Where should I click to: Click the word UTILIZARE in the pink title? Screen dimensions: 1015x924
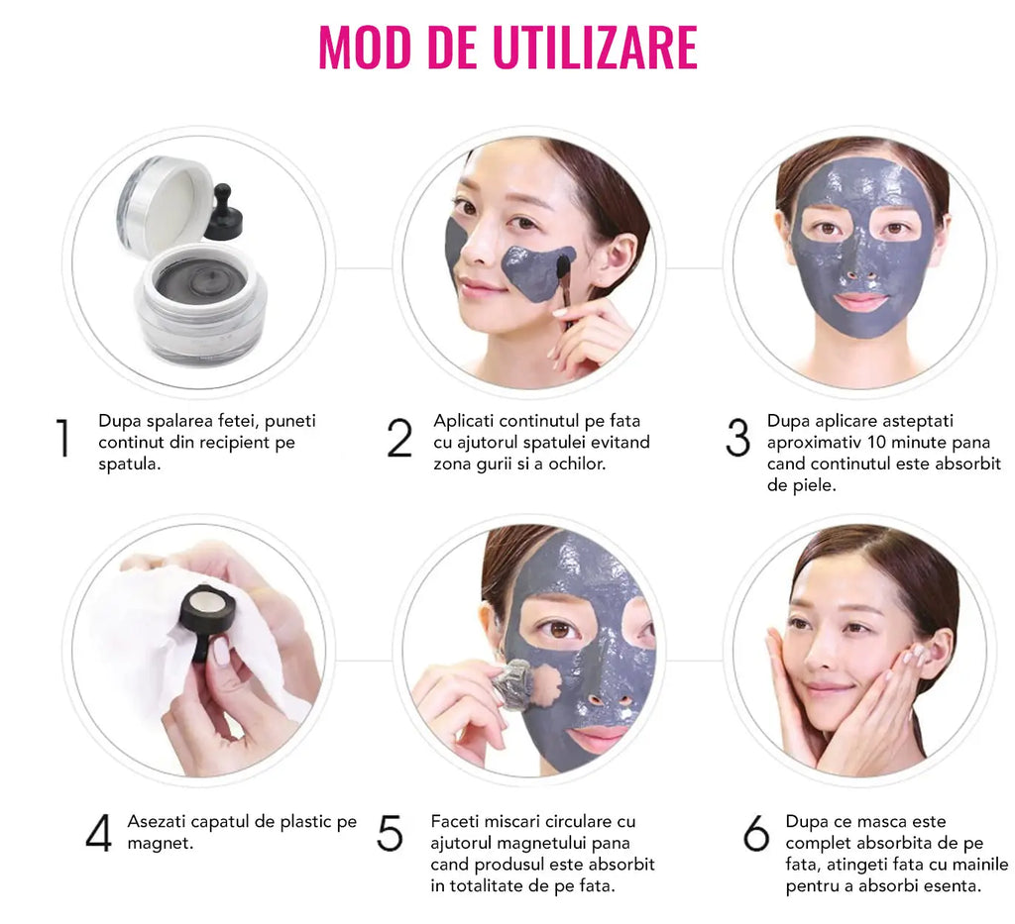click(595, 47)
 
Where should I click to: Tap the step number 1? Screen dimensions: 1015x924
click(62, 438)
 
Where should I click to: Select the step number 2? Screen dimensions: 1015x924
click(399, 439)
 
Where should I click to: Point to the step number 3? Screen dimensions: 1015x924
click(737, 439)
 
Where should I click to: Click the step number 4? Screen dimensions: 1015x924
click(98, 833)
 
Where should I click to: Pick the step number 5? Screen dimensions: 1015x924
click(390, 833)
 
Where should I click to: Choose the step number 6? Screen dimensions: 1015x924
click(756, 833)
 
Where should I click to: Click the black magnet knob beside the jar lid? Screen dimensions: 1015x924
click(223, 212)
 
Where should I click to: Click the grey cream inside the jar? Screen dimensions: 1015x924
click(200, 278)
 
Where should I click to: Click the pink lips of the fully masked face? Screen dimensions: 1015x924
click(860, 301)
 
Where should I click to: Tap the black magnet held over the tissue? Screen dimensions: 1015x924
click(208, 618)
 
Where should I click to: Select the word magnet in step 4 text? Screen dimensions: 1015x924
click(160, 843)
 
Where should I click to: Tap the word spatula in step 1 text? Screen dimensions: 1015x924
click(130, 464)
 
